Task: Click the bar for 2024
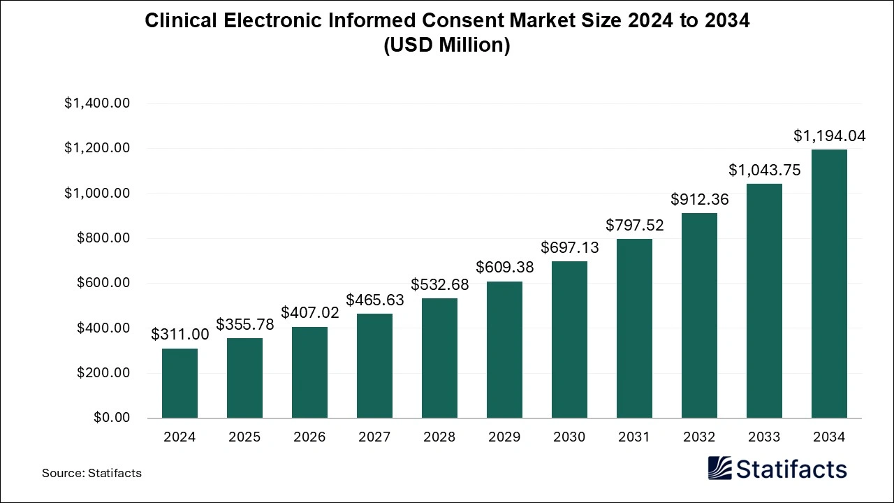pyautogui.click(x=179, y=383)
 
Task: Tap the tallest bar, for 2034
pyautogui.click(x=829, y=284)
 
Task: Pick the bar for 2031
pyautogui.click(x=634, y=328)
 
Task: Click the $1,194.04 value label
pyautogui.click(x=829, y=136)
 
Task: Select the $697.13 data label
pyautogui.click(x=569, y=248)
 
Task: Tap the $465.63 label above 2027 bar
pyautogui.click(x=374, y=300)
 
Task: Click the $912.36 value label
pyautogui.click(x=699, y=200)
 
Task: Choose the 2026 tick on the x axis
pyautogui.click(x=309, y=437)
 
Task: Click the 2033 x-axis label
pyautogui.click(x=764, y=437)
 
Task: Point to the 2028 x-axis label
pyautogui.click(x=439, y=437)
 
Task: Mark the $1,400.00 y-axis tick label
pyautogui.click(x=97, y=103)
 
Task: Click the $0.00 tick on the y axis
pyautogui.click(x=112, y=418)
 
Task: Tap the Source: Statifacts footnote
pyautogui.click(x=91, y=473)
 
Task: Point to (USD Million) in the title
pyautogui.click(x=447, y=45)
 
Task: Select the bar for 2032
pyautogui.click(x=699, y=316)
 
